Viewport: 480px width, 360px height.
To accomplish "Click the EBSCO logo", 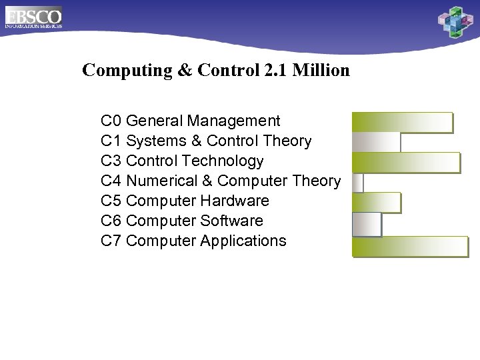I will click(33, 17).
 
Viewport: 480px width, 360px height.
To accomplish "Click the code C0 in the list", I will click(111, 121).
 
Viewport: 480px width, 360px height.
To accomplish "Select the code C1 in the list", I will click(111, 141).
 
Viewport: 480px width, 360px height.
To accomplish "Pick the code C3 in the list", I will click(111, 161).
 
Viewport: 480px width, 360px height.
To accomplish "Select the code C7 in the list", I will click(111, 241).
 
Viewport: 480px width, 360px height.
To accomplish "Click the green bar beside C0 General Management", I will click(402, 123).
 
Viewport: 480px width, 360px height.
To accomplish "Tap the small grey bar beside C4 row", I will click(357, 182).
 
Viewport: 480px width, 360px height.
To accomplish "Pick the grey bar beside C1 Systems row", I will click(376, 142).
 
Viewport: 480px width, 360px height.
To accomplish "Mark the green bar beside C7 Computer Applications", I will click(410, 245).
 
